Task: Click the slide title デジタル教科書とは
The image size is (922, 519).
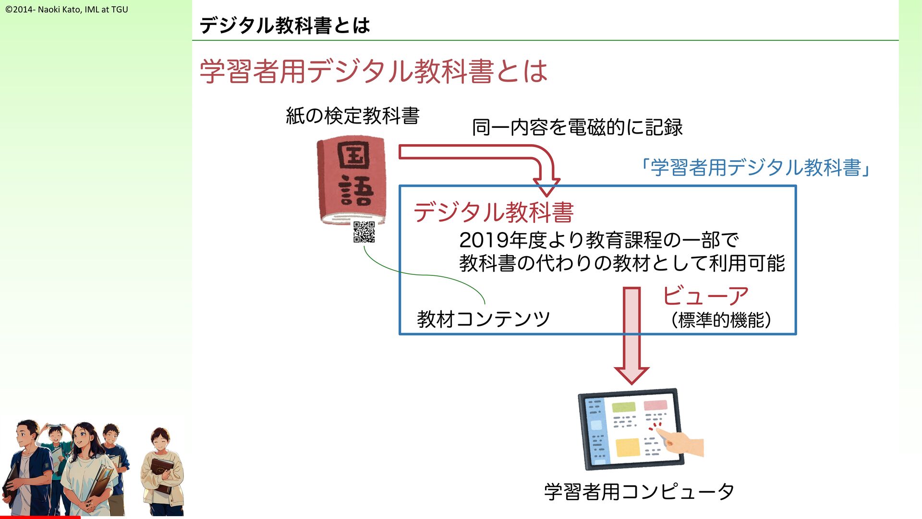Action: coord(284,25)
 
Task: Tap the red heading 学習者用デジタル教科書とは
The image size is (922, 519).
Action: coord(373,71)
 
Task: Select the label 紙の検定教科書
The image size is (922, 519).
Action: coord(352,116)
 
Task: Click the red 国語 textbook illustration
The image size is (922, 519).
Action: coord(352,180)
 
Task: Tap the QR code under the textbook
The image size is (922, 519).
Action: coord(364,232)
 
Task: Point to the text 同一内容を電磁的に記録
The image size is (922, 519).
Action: coord(577,127)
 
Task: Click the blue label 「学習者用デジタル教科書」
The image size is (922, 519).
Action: coord(755,168)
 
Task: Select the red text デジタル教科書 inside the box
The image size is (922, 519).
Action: coord(493,212)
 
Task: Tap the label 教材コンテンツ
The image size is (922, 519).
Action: coord(483,319)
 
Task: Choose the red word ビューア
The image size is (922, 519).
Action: coord(705,296)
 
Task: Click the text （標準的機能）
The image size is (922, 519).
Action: coord(721,320)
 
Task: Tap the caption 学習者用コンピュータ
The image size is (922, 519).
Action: coord(639,492)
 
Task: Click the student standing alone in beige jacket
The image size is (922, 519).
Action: coord(162,471)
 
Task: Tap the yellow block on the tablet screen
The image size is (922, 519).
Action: coord(628,447)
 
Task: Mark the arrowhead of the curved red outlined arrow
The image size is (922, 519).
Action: coord(546,187)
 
